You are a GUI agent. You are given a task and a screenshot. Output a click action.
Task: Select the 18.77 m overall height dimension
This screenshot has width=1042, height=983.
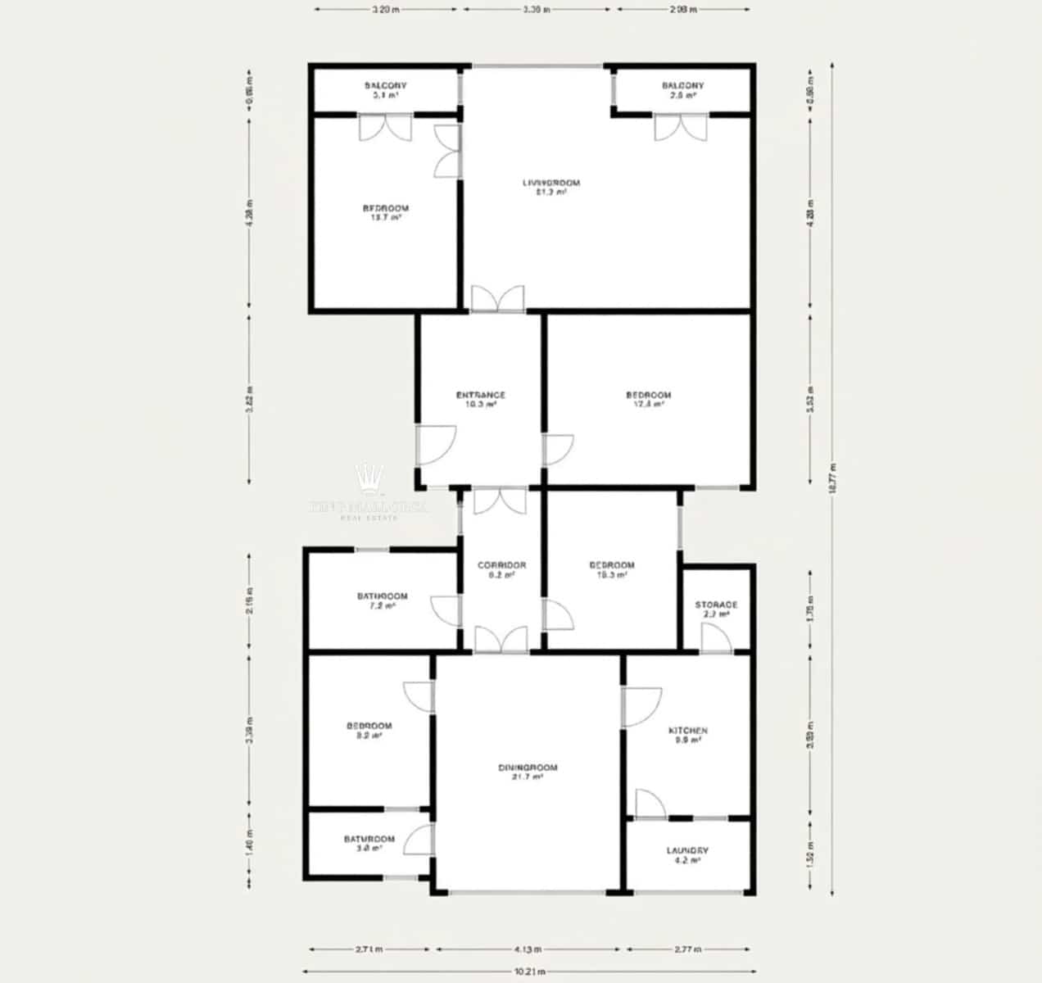click(x=832, y=479)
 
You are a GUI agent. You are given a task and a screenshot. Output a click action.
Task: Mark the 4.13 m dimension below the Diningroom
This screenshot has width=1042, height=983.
click(x=528, y=950)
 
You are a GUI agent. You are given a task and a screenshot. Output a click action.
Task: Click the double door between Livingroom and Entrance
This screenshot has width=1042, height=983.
click(x=497, y=300)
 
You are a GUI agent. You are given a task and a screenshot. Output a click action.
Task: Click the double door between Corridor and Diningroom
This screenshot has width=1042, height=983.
click(x=501, y=641)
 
